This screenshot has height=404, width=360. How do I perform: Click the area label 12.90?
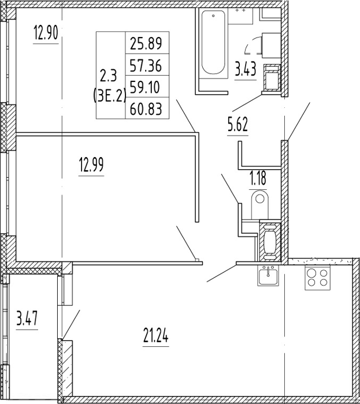coord(46,33)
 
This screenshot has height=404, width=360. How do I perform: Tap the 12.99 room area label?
coord(91,164)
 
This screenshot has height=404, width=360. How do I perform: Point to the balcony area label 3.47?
coord(27,318)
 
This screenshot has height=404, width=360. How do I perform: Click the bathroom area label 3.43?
coord(245,69)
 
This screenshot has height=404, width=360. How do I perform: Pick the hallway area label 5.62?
coord(237,125)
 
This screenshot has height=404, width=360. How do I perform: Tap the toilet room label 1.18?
coord(258,178)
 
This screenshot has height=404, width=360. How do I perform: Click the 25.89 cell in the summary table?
coord(146,43)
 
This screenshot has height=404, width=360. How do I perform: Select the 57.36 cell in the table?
coord(146,65)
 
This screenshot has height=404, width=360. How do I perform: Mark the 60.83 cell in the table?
coord(146,109)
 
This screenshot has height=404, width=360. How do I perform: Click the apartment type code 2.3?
coord(110,76)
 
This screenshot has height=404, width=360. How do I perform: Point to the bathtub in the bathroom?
coord(213,43)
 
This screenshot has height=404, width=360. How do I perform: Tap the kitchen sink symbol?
coord(268,275)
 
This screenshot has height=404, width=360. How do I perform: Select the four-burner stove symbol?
coord(317,278)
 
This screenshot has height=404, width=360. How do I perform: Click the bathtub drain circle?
coord(213,16)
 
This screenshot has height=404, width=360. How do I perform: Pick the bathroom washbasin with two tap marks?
coord(240,16)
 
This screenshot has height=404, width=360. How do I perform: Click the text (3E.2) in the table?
coord(110,96)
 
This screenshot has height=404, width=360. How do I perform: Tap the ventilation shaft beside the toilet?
coord(270,241)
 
